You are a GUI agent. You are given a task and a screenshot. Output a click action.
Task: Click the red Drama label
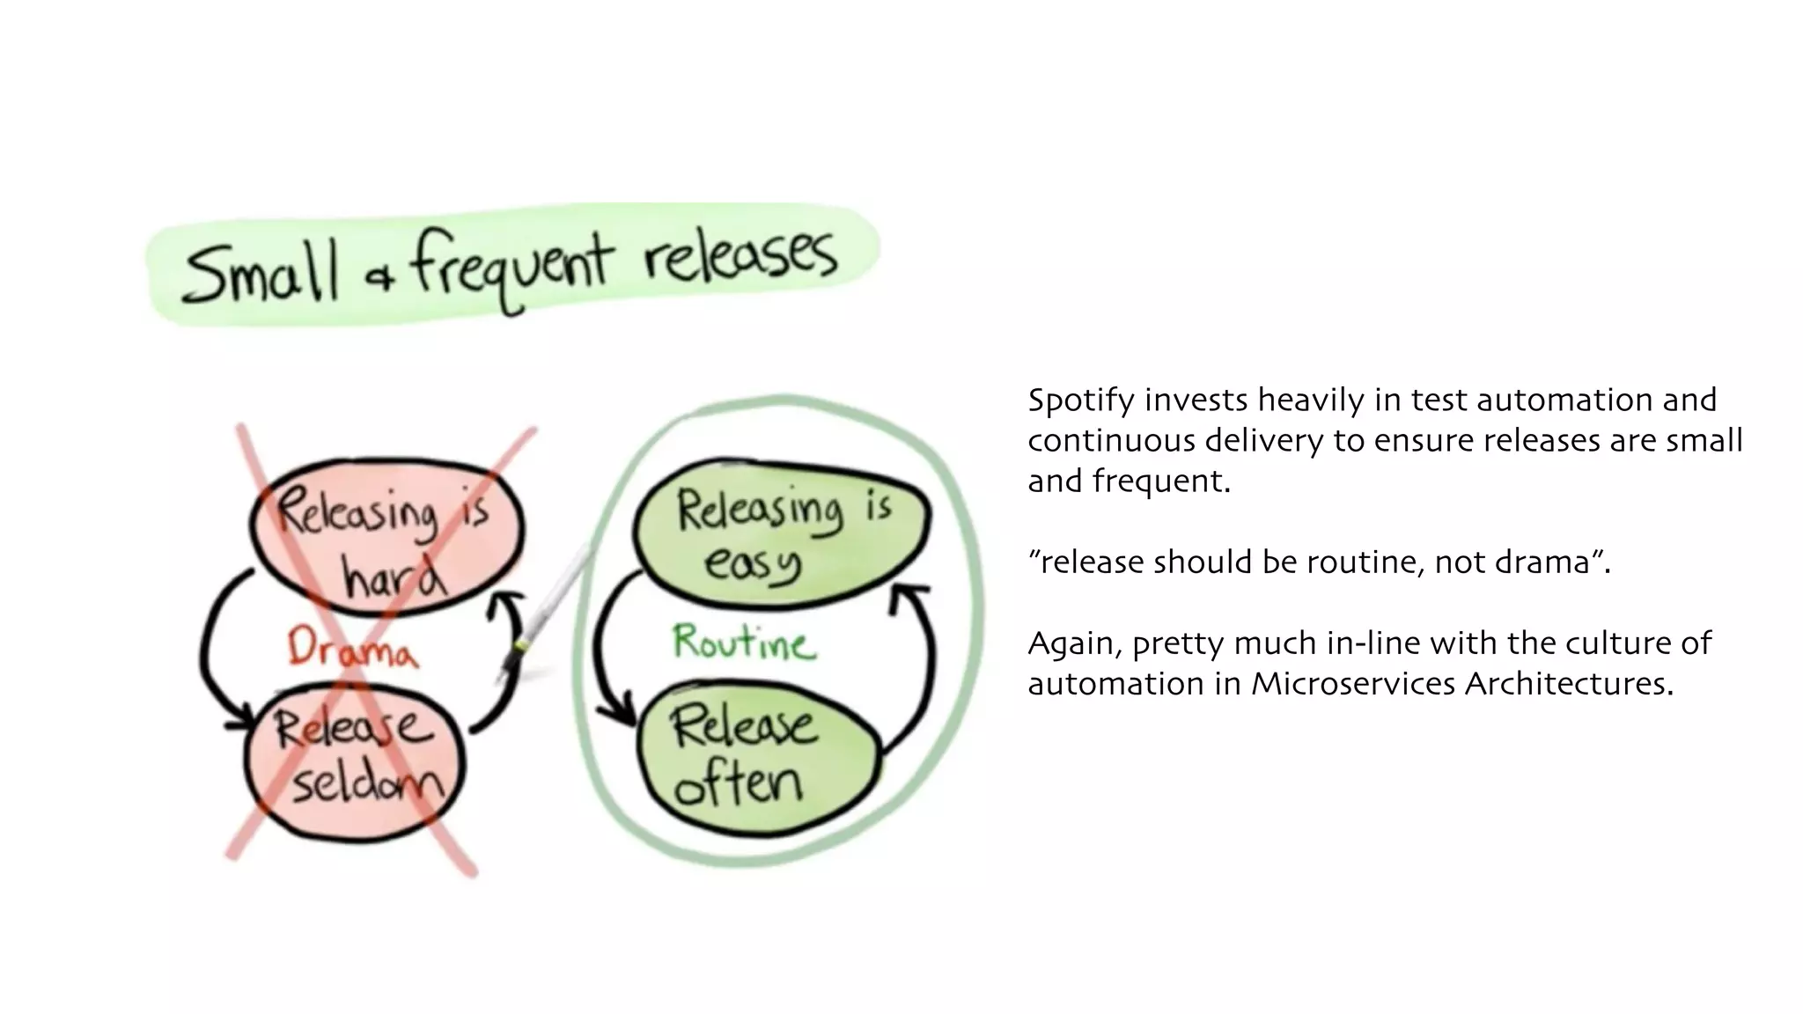tap(351, 650)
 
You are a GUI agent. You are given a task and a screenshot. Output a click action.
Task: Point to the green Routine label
tap(744, 643)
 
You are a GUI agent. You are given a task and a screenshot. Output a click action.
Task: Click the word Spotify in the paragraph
tap(1080, 400)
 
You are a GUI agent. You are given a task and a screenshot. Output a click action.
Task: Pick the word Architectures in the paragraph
tap(1569, 684)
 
